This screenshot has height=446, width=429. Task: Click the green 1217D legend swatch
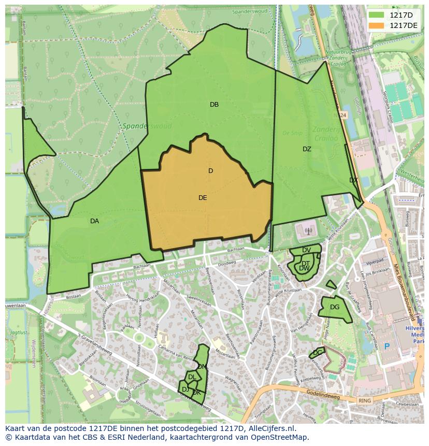377,15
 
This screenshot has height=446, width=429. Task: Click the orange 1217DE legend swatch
377,25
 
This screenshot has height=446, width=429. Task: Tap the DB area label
214,105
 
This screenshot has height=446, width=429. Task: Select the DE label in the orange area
203,198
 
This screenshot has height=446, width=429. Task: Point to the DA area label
94,221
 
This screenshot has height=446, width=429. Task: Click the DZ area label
307,149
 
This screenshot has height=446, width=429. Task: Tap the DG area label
335,307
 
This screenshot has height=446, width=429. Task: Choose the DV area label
306,250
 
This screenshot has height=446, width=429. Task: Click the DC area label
318,353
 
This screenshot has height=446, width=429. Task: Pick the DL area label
192,377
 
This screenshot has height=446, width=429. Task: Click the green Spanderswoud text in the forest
140,126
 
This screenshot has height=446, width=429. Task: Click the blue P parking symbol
386,346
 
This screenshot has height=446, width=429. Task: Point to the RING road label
365,400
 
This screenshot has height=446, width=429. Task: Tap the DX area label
353,180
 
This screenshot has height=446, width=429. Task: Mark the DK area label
196,393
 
